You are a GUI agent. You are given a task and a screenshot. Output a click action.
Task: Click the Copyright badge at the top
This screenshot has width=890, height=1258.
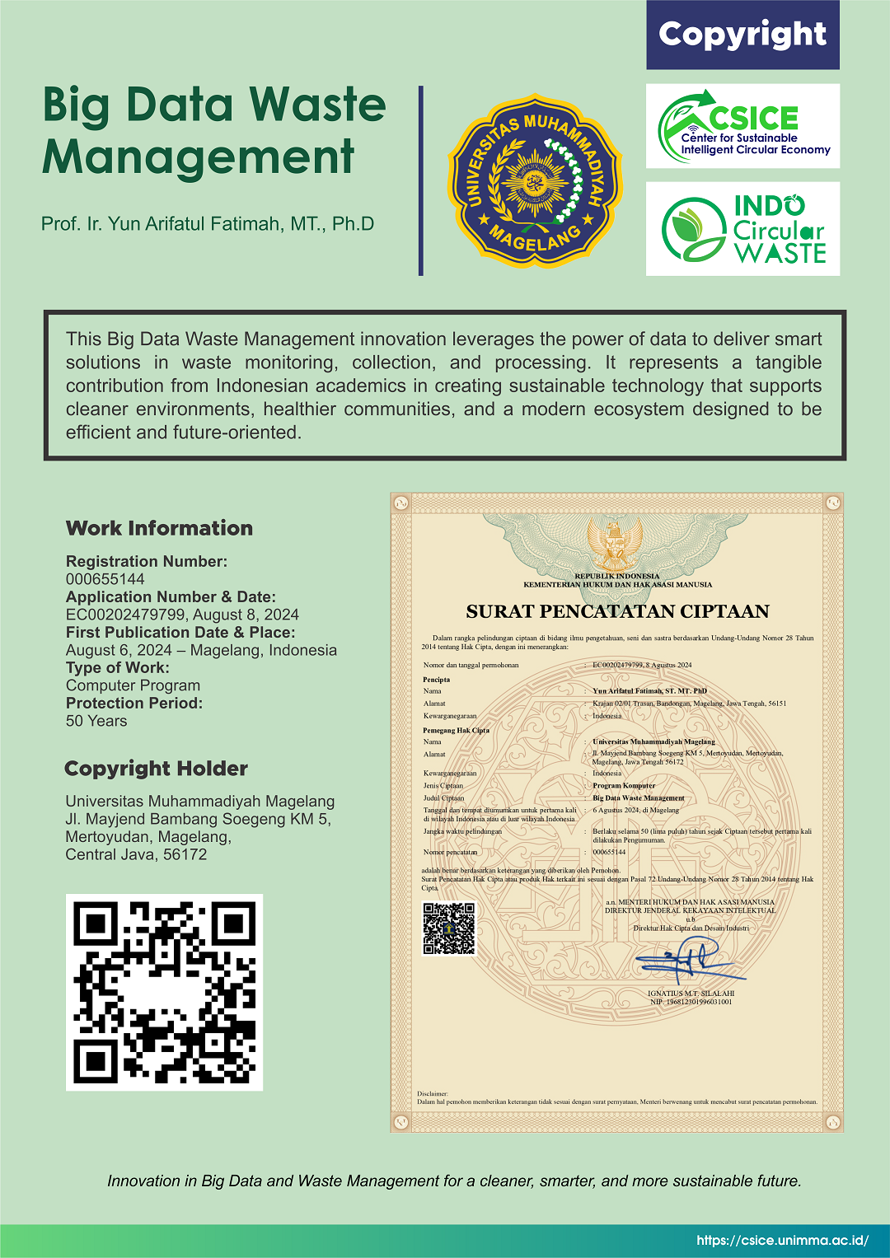click(x=742, y=35)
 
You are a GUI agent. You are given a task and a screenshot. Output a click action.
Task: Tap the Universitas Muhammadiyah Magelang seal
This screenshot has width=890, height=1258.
click(x=535, y=180)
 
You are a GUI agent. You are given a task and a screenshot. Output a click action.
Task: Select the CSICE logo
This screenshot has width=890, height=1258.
click(x=742, y=126)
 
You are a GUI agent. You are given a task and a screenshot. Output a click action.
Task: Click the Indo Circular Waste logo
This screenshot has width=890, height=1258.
click(x=742, y=229)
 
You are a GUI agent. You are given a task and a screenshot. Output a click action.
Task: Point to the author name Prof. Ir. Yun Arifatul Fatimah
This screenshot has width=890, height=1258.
click(x=208, y=224)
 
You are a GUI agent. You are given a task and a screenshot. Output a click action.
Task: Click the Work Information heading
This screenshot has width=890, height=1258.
click(x=159, y=528)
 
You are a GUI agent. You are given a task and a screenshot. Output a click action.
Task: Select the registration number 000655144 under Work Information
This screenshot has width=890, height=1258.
click(x=105, y=579)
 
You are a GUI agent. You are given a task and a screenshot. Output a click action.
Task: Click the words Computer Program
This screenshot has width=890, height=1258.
click(x=133, y=685)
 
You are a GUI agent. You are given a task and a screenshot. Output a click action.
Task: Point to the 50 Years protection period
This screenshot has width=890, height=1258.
click(x=96, y=721)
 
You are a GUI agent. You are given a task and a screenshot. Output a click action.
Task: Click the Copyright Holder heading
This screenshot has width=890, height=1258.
click(x=156, y=769)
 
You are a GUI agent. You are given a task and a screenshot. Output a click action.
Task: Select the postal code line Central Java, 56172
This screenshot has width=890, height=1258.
click(x=136, y=854)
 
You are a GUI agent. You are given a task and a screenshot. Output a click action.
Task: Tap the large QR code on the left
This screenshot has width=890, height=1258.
click(x=164, y=992)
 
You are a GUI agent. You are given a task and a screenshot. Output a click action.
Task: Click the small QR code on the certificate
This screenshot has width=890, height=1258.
click(x=449, y=928)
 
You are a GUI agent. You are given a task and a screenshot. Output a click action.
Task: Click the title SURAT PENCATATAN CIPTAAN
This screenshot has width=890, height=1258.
click(x=617, y=611)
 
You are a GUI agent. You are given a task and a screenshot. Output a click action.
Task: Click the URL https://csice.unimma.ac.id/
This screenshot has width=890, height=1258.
click(x=782, y=1240)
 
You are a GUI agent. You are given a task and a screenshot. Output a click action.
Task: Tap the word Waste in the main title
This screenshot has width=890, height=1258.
click(x=317, y=105)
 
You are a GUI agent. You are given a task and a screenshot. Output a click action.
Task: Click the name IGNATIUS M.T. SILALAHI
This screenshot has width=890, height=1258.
click(x=691, y=994)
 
